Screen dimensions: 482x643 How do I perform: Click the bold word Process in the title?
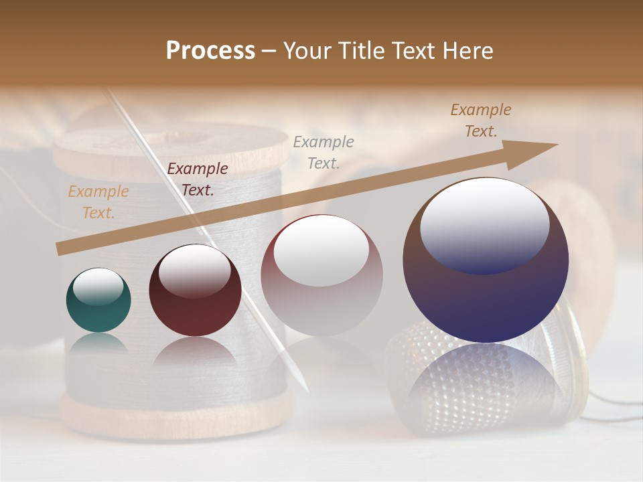point(210,51)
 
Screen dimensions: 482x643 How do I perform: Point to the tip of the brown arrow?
point(557,145)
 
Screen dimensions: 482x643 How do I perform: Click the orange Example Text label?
point(98,202)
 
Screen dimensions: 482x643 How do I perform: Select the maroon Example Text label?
point(197,179)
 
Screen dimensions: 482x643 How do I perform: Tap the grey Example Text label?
point(324,152)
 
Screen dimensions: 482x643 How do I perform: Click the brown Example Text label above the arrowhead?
point(480,120)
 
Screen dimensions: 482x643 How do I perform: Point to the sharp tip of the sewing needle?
point(307,391)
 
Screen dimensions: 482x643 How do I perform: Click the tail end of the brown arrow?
point(59,249)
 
